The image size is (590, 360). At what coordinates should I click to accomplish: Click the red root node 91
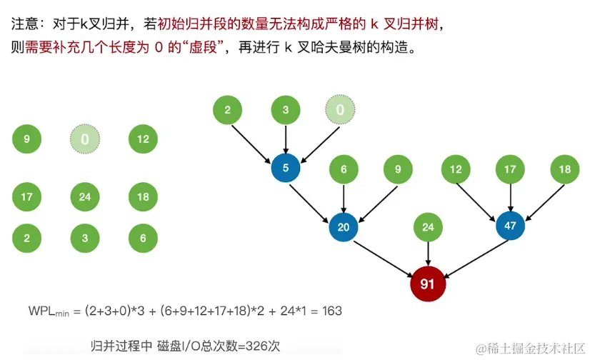point(427,284)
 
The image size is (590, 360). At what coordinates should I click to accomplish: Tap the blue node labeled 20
point(343,227)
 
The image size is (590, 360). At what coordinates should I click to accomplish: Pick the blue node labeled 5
point(285,169)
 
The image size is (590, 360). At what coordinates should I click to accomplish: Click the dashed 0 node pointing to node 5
point(340,110)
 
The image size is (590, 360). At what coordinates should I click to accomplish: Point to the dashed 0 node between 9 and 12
point(85,139)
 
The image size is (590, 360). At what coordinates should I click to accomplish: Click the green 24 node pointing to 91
point(428,227)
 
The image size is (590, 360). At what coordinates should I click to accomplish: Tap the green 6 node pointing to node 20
point(344,169)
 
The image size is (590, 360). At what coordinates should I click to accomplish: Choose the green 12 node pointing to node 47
point(454,169)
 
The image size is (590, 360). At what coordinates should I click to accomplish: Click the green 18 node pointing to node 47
point(564,169)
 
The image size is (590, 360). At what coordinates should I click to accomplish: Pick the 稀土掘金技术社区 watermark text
point(536,348)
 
